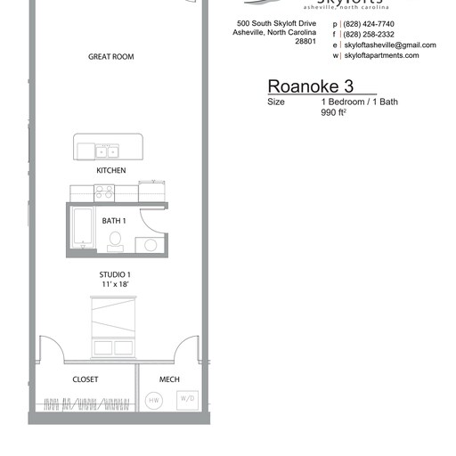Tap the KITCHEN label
[111, 170]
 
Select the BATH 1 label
[114, 220]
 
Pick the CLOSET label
[85, 380]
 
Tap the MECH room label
[169, 380]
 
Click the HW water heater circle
[153, 400]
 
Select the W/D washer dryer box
[189, 399]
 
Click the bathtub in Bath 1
[82, 228]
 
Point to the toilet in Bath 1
[116, 239]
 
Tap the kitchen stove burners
[104, 191]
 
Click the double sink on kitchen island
[108, 150]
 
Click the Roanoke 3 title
[311, 86]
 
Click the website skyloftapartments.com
[380, 55]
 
